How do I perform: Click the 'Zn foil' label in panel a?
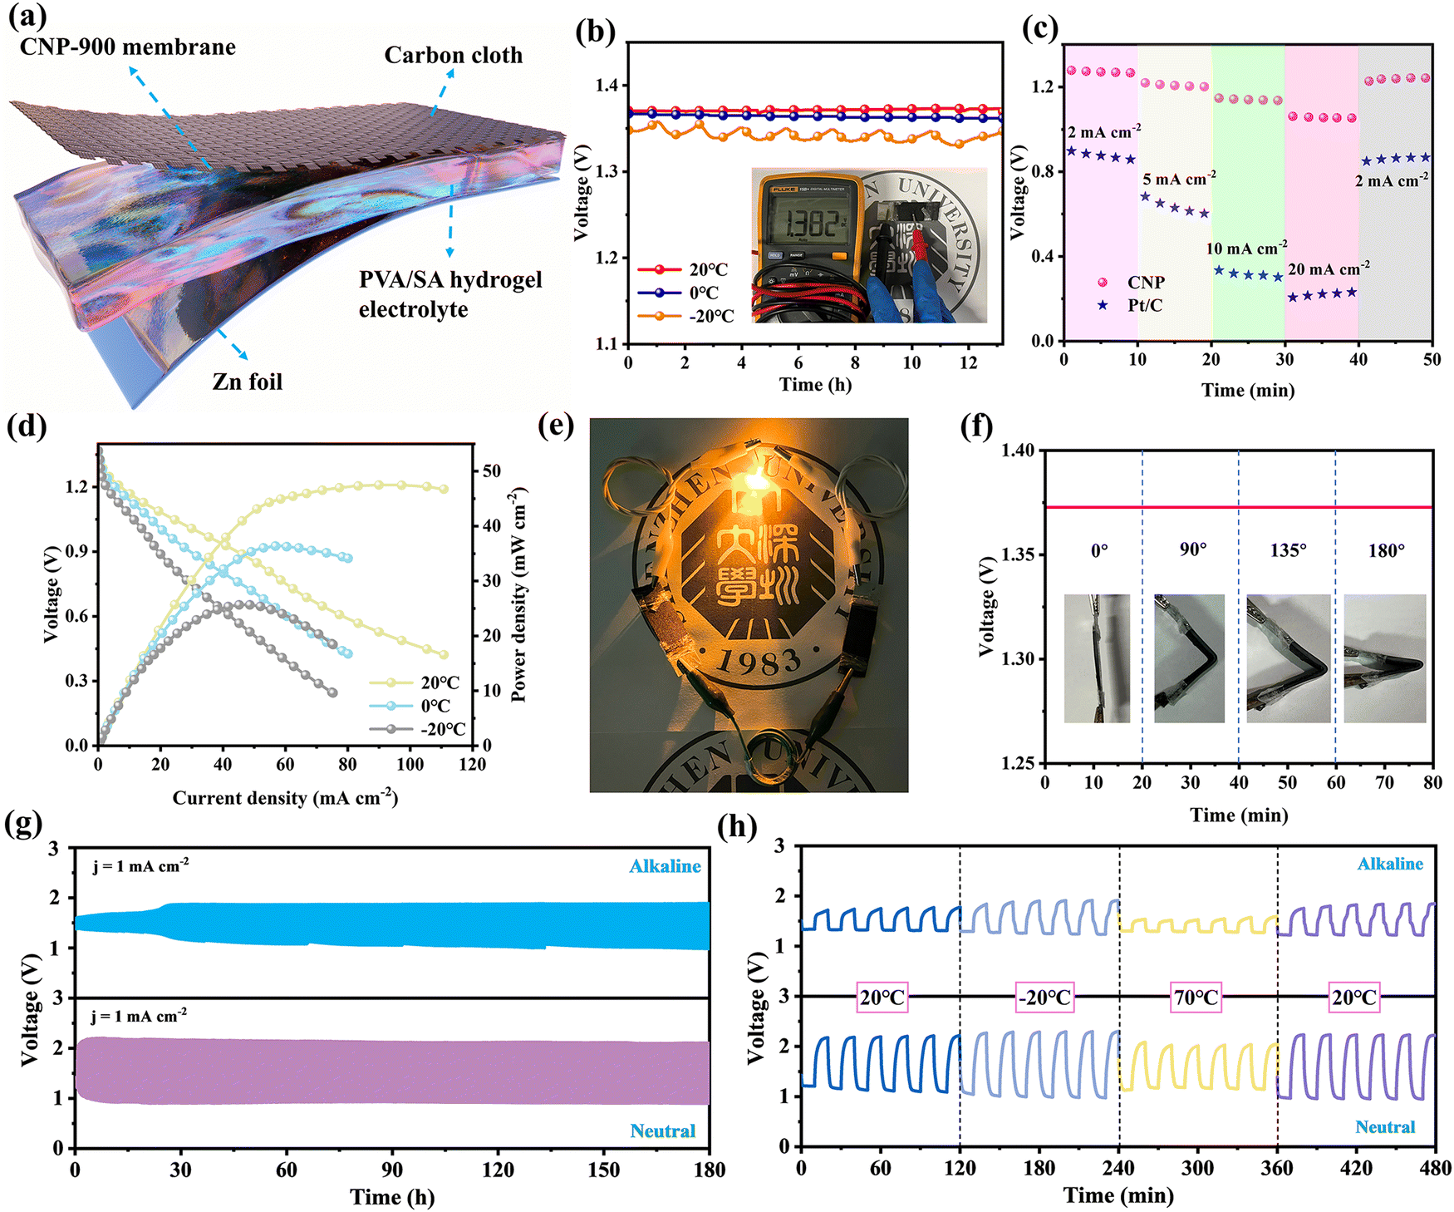(248, 382)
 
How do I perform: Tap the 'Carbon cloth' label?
(454, 55)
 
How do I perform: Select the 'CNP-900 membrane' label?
(128, 47)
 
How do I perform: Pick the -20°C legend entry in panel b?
(686, 316)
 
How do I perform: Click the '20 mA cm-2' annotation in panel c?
(1329, 269)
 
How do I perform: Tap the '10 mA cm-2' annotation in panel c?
(1246, 248)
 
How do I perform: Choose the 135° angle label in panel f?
(1288, 550)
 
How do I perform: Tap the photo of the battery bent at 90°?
(1189, 658)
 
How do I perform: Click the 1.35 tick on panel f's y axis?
(1019, 554)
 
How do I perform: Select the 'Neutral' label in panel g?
(663, 1131)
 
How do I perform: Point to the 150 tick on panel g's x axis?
(603, 1170)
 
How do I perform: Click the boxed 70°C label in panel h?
(1196, 997)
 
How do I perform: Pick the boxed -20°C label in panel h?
(1045, 997)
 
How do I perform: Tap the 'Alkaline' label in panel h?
(1390, 864)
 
